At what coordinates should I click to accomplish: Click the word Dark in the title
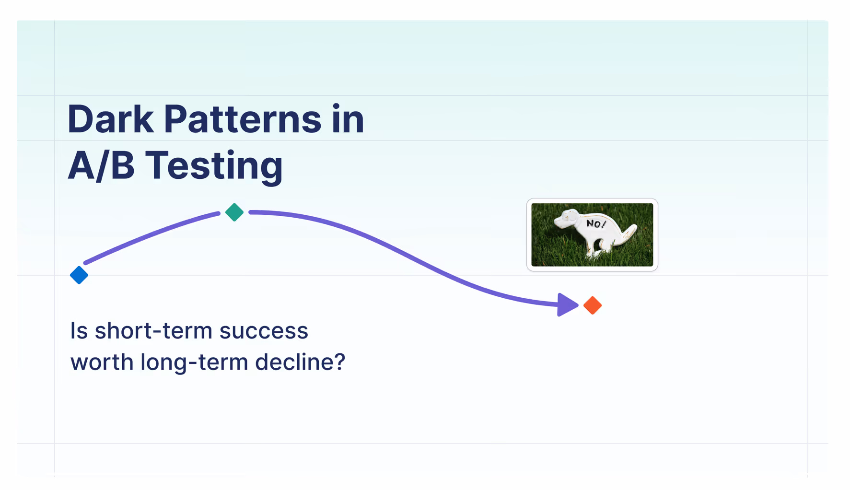coord(110,119)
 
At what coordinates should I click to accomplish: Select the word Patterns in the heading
coord(242,119)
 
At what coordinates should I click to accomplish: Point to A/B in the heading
coord(101,165)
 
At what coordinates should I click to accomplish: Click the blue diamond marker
coord(79,275)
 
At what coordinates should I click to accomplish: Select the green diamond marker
coord(234,212)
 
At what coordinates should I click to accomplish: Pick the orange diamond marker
coord(593,305)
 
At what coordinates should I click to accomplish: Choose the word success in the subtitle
coord(264,331)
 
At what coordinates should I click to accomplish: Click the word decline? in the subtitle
coord(300,362)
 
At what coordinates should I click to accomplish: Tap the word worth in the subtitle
coord(102,362)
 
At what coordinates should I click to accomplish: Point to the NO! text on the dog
coord(596,223)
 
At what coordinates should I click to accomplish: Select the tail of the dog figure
coord(629,233)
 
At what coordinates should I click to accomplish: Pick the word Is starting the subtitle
coord(79,331)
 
